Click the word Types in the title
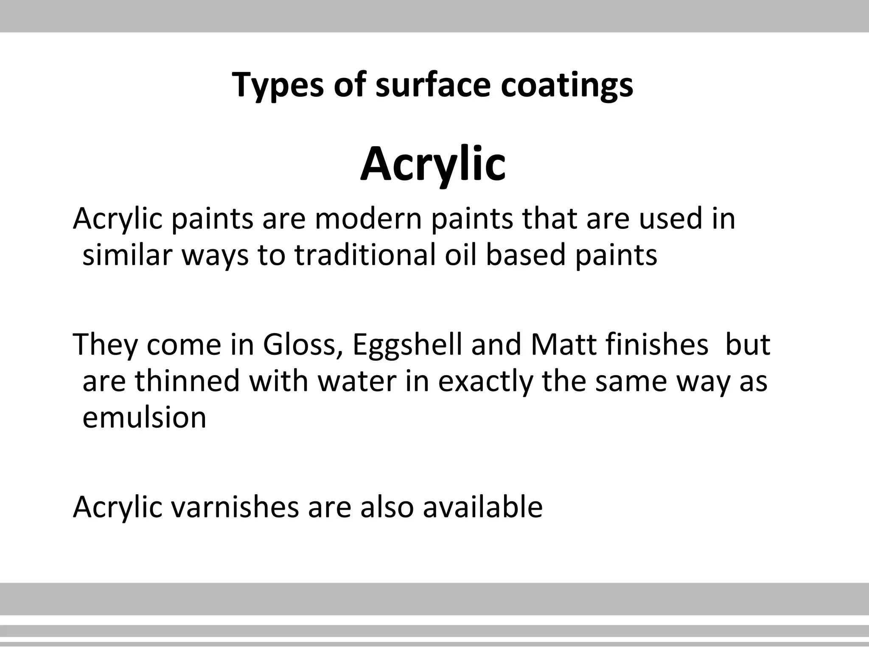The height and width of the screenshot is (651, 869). coord(278,85)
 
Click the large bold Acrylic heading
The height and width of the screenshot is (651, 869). coord(433,164)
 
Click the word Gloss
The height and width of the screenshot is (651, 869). coord(300,344)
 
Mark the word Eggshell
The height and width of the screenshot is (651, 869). coord(407,345)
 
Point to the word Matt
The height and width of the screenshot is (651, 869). coord(563,344)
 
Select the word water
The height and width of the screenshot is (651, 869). coord(357,381)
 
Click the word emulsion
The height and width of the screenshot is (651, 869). coord(144,417)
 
